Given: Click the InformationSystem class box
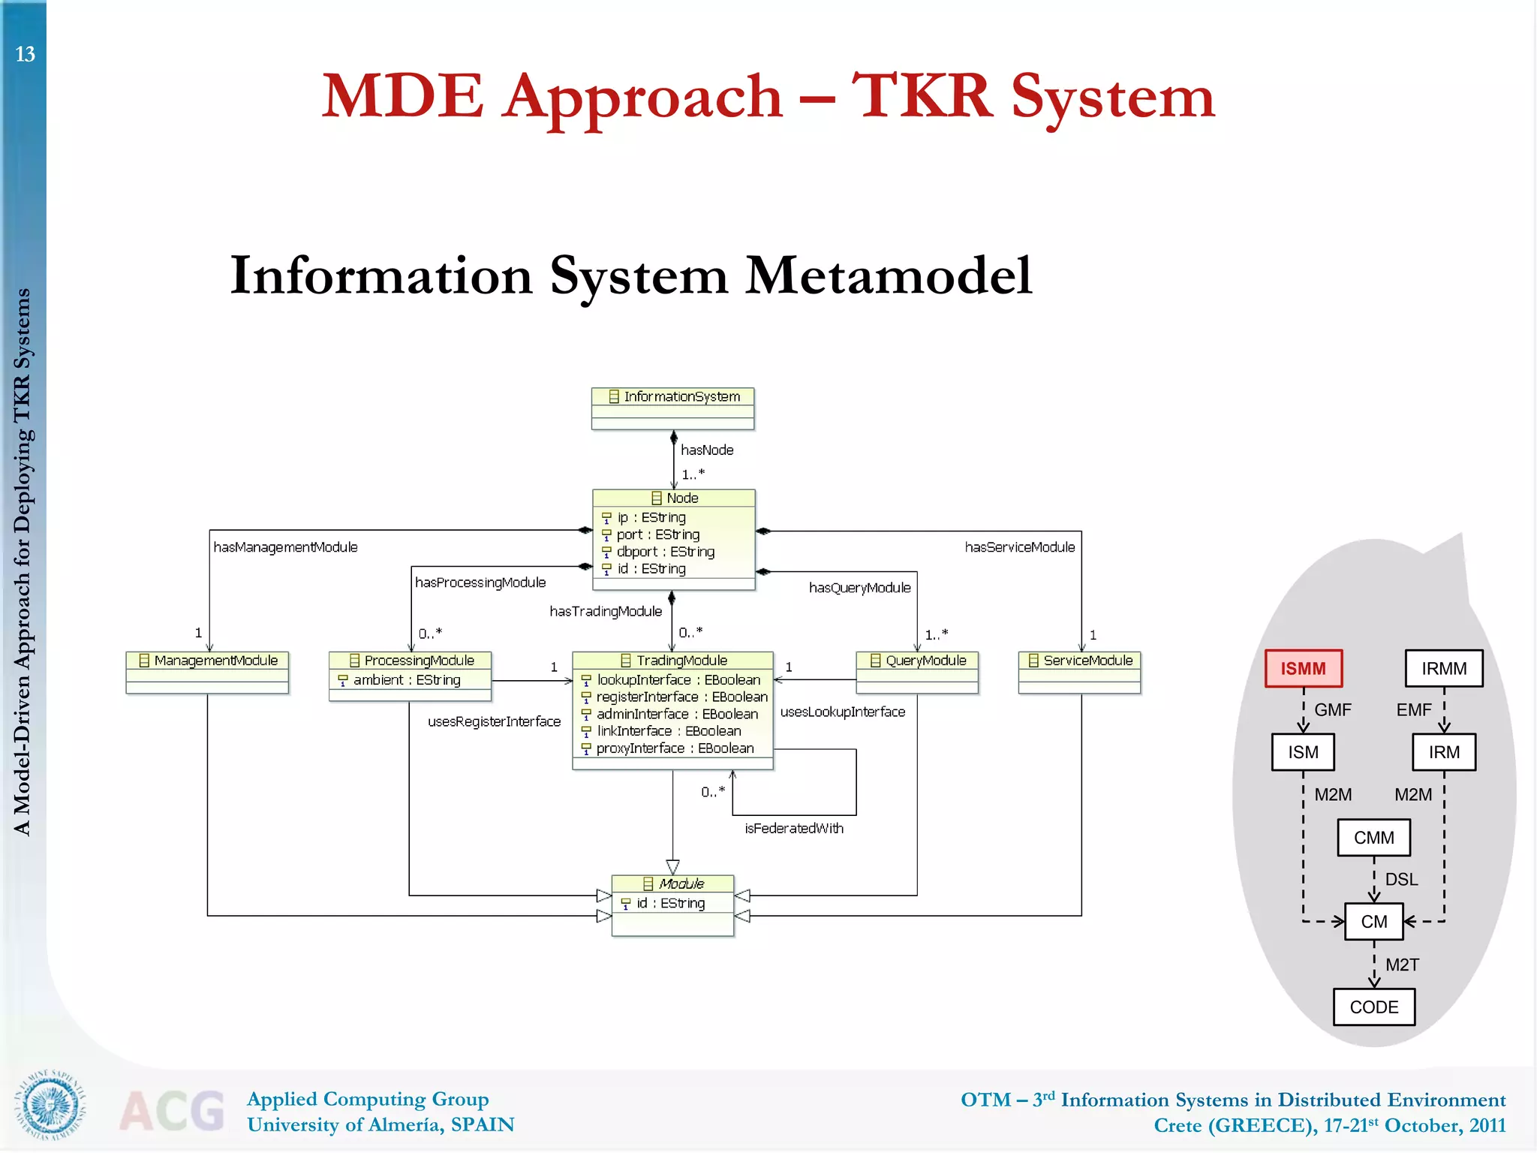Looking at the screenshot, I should (x=672, y=408).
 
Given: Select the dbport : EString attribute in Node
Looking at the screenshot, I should (x=665, y=552).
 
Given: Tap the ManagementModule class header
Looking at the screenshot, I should (x=208, y=661).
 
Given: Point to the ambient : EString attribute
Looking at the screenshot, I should (x=407, y=680).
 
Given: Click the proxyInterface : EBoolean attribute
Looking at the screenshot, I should (x=674, y=748).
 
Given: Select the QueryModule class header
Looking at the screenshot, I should (x=917, y=661).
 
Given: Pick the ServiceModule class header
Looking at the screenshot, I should (x=1080, y=661).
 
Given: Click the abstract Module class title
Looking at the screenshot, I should (x=673, y=884).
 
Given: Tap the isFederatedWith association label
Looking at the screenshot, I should (x=794, y=829).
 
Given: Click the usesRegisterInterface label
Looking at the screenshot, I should (x=494, y=722).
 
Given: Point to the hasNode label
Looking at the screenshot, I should (x=707, y=450).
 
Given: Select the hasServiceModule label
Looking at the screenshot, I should (x=1019, y=547).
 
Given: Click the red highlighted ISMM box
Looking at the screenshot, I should (x=1303, y=669).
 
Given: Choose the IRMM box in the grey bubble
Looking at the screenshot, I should (x=1443, y=669).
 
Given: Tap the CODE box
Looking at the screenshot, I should (x=1373, y=1007).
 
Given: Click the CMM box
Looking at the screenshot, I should (x=1373, y=838).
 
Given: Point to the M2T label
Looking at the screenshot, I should (x=1402, y=965).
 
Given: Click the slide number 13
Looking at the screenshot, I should (x=25, y=55).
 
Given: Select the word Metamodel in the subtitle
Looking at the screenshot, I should (x=889, y=276).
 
